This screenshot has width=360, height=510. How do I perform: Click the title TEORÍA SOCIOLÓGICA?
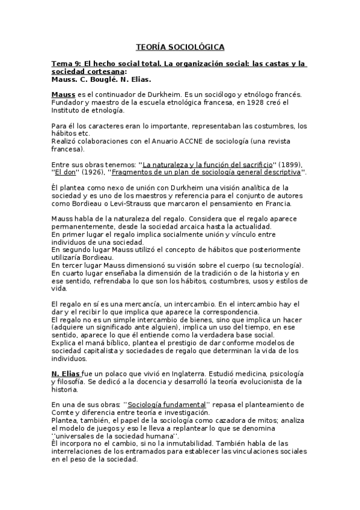(x=180, y=47)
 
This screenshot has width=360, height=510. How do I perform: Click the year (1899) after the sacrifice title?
(x=288, y=165)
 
